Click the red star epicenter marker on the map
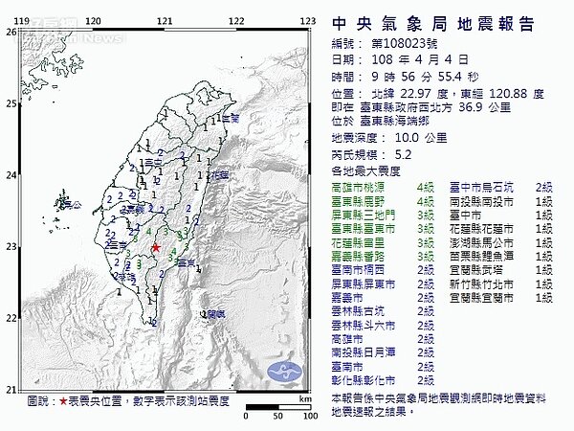(156, 247)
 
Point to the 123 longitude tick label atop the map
(307, 19)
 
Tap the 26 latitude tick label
(11, 31)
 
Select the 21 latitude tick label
(11, 389)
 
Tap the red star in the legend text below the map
(63, 400)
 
